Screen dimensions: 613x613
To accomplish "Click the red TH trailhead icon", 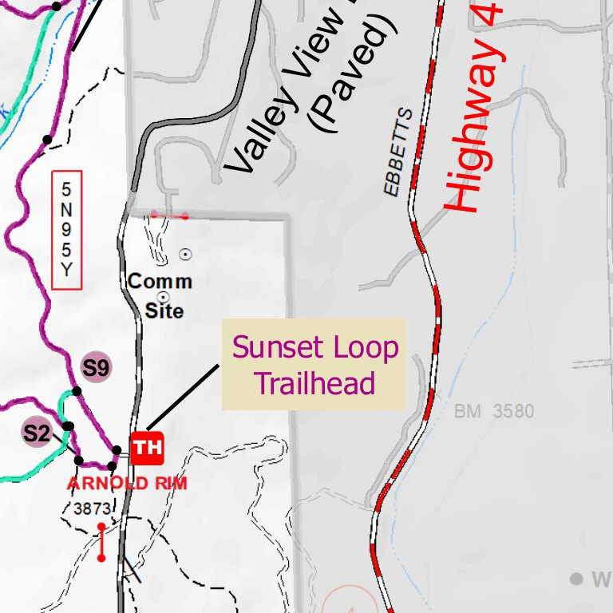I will coord(147,448).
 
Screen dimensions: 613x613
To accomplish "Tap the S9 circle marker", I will coord(97,368).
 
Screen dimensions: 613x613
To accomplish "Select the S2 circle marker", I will coord(37,433).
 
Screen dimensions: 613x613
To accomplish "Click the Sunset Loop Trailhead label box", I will coord(314,365).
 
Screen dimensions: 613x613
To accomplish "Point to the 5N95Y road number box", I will coord(66,230).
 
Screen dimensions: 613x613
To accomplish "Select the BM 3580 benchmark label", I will coord(494,412).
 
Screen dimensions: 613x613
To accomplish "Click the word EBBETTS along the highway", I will coord(398,152).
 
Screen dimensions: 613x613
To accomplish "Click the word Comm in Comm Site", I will coord(160,282).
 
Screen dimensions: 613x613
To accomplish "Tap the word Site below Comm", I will coord(164,310).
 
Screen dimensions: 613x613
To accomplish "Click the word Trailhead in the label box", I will coord(314,383).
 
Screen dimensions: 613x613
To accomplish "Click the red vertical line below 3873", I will coord(101,542).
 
